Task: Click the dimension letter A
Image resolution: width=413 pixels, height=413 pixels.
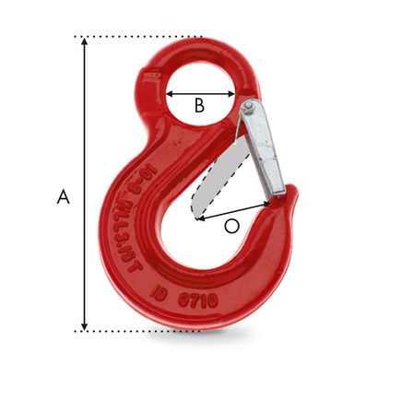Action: [x=63, y=196]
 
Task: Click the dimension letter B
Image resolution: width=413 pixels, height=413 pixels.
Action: [x=199, y=106]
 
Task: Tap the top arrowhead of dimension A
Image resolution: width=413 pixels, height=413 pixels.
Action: [x=85, y=42]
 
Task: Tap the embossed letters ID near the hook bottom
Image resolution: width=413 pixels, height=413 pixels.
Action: [x=164, y=297]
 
